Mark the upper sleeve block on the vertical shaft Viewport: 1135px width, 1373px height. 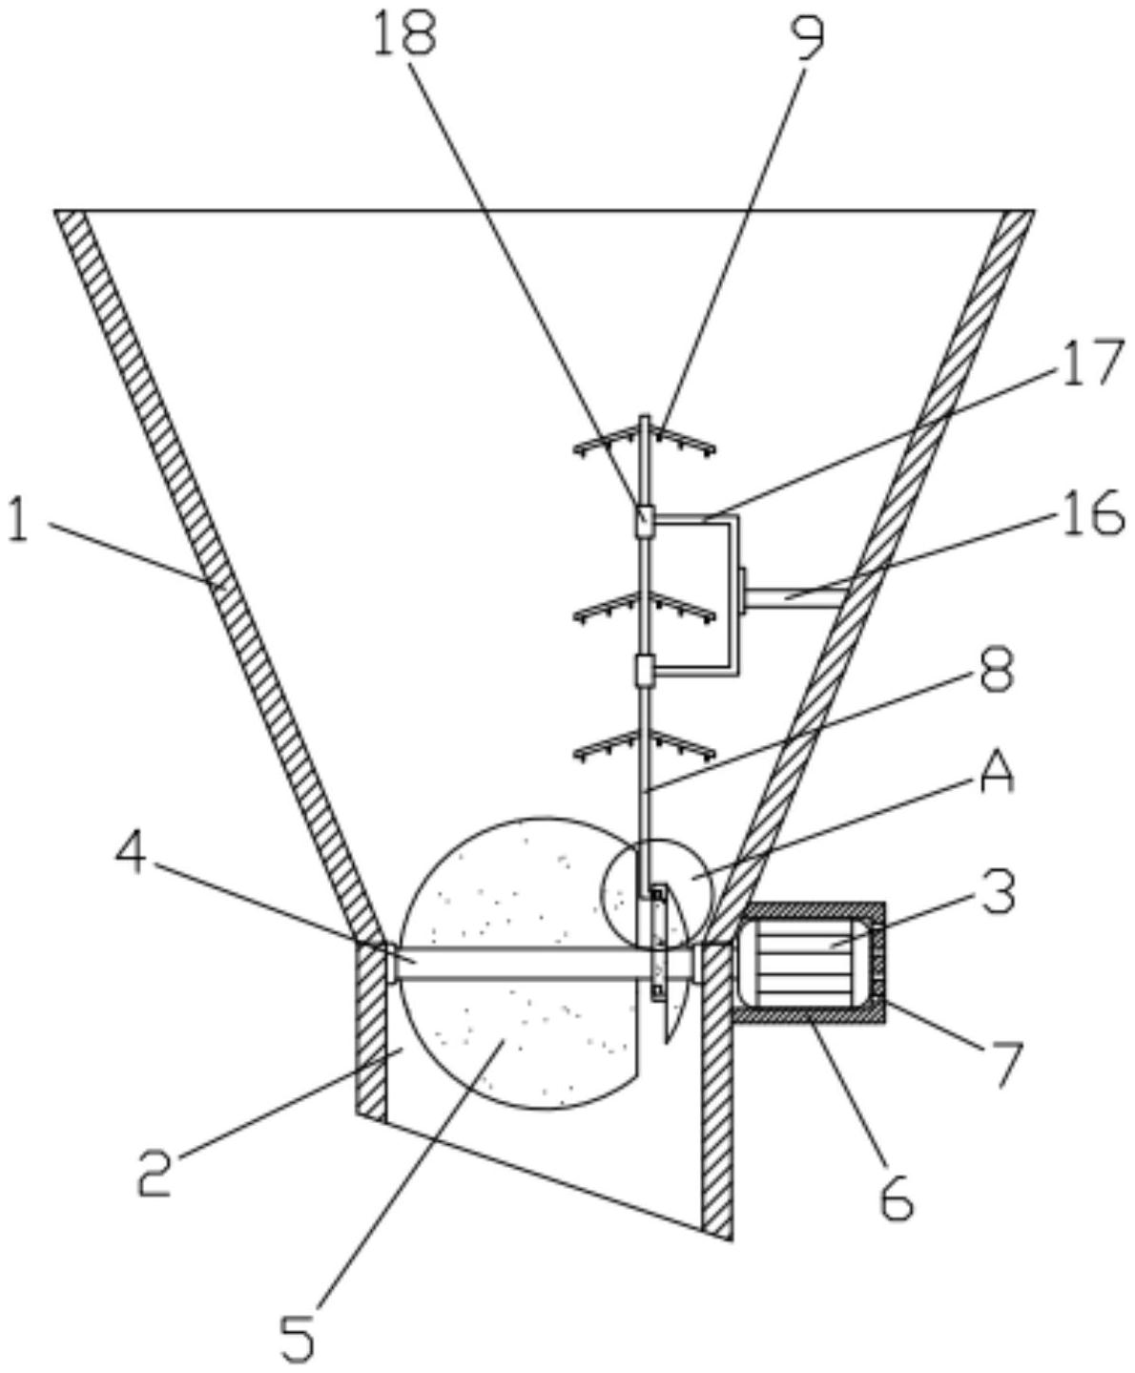point(645,522)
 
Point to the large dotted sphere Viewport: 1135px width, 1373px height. point(519,964)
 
